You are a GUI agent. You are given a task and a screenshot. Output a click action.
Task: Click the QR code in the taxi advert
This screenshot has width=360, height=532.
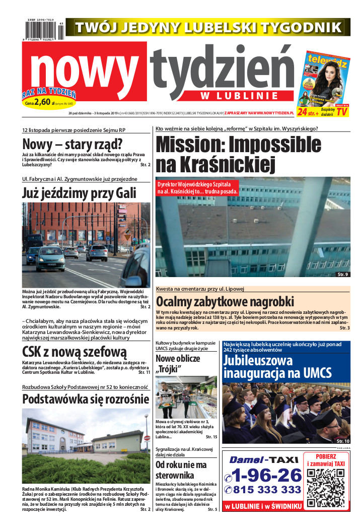tap(325, 481)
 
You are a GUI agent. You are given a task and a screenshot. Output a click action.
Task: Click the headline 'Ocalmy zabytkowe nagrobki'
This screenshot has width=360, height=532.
tap(225, 301)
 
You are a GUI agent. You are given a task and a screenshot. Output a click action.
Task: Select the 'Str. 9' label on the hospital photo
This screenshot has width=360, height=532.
tap(343, 274)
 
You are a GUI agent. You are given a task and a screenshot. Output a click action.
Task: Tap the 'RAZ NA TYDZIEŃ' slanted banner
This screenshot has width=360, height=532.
tap(49, 93)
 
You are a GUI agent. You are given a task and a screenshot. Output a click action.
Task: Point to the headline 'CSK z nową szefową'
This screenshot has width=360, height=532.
tap(75, 351)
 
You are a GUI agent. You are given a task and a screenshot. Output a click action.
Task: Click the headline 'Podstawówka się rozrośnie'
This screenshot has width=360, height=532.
tap(86, 399)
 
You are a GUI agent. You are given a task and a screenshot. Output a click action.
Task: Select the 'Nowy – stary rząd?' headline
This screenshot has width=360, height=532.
tap(73, 144)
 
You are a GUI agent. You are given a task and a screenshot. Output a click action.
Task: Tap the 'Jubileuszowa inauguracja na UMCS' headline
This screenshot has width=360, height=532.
tap(277, 367)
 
